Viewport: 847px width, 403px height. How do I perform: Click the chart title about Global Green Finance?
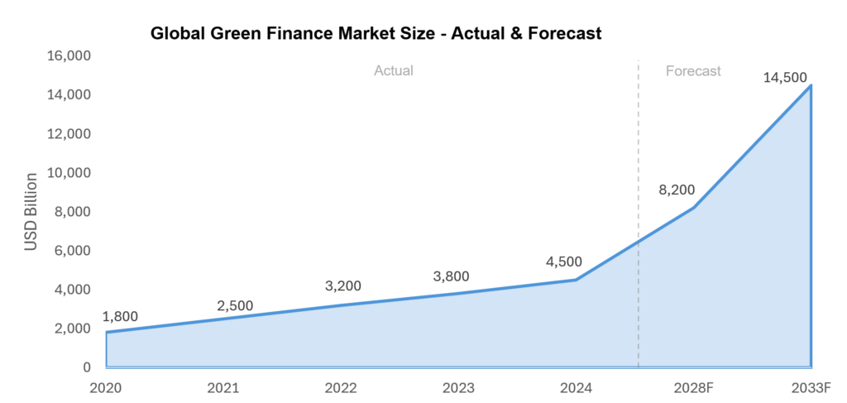tap(376, 34)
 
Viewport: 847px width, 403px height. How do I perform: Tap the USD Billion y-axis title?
tap(31, 212)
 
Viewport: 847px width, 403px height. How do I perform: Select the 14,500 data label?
tap(785, 78)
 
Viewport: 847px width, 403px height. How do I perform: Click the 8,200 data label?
tap(677, 190)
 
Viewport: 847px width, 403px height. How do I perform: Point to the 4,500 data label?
tap(563, 262)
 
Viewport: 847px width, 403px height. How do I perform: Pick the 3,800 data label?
tap(451, 276)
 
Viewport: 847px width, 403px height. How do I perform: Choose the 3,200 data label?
tap(343, 286)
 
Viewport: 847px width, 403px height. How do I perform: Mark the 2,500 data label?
tap(235, 305)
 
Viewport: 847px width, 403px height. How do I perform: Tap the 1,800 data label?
tap(120, 316)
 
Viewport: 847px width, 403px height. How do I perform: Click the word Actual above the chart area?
tap(394, 71)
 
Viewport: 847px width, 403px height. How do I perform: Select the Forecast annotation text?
tap(693, 71)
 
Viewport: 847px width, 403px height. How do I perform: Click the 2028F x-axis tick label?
tap(692, 387)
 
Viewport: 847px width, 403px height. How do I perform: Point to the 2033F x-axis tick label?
tap(810, 387)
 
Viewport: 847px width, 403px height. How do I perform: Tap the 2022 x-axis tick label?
tap(341, 387)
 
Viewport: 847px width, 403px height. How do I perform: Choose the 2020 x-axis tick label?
tap(107, 387)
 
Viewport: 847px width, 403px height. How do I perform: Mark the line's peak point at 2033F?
tap(811, 85)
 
